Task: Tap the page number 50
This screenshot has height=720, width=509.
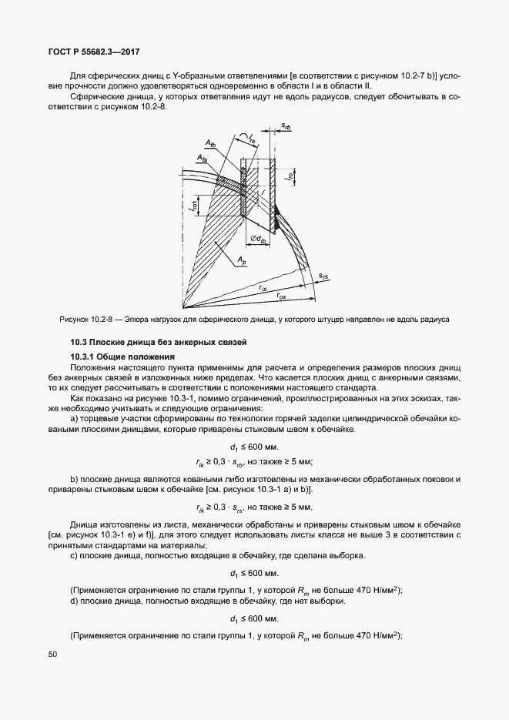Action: point(52,654)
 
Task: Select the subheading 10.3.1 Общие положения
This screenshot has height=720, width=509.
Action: point(122,357)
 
